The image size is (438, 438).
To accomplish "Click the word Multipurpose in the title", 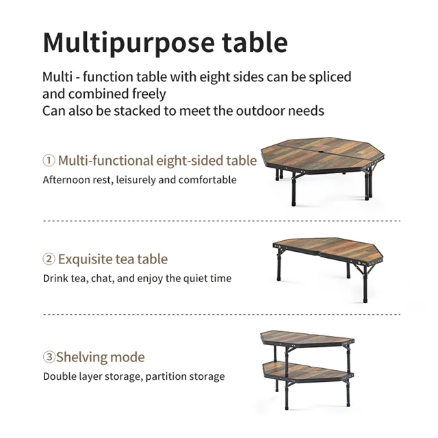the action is point(129,42).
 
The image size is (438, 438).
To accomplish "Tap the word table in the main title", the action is point(255,42).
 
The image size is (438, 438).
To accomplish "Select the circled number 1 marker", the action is point(49,161).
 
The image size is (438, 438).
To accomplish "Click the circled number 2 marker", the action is point(49,259).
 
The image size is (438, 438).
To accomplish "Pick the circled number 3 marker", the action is point(49,357).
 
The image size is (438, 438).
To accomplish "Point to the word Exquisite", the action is point(85,259).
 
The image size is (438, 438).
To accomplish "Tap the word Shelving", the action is point(81,357).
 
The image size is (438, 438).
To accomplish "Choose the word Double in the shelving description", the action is point(59,376).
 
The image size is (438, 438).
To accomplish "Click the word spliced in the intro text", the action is point(330,77).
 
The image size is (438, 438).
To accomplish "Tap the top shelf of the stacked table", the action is point(307,338).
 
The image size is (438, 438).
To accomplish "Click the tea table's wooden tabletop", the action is point(328,249).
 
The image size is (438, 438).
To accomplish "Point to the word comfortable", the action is point(207,179).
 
